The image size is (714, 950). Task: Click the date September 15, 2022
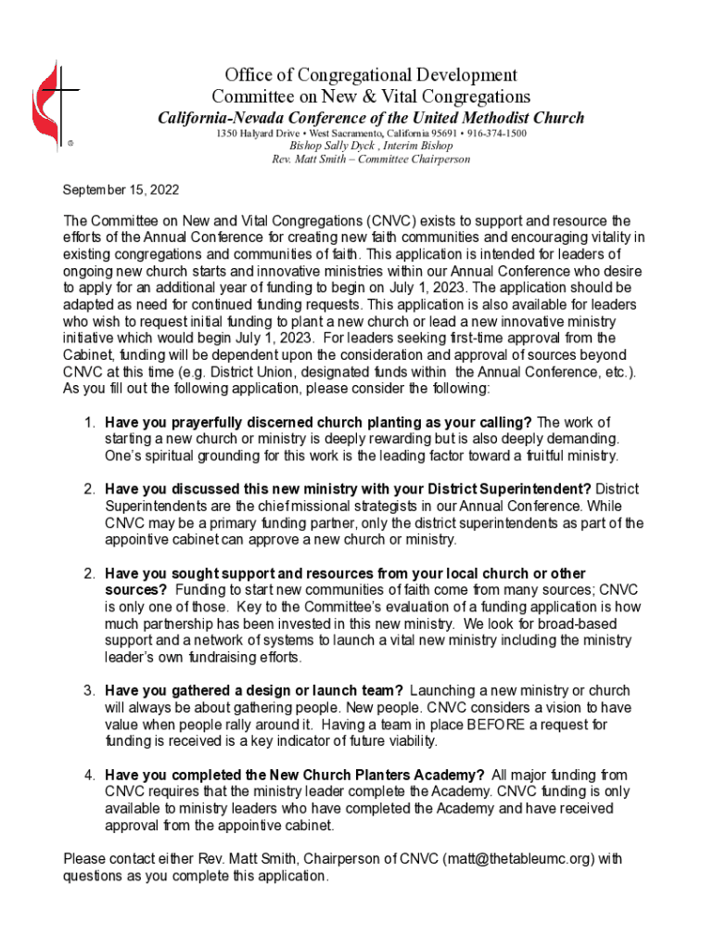121,190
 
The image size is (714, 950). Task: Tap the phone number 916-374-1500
497,134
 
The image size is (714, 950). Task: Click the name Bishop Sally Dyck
325,146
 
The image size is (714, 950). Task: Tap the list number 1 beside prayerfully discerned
89,422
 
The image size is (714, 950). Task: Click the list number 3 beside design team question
89,690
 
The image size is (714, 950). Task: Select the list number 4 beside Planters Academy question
89,775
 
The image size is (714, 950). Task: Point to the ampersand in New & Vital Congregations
363,96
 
